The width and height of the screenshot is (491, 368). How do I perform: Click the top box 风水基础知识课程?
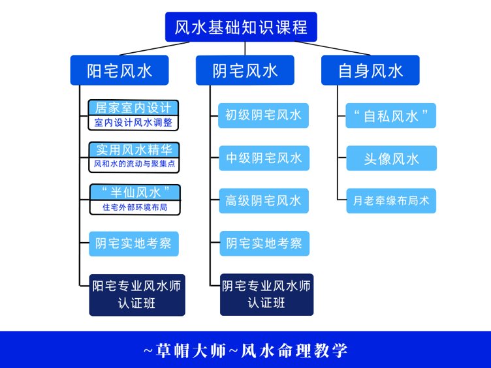(241, 27)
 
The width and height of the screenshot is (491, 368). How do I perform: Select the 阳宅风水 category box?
(119, 70)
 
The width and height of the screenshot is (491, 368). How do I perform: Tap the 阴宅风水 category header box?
(245, 70)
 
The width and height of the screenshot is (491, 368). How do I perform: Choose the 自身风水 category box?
(370, 70)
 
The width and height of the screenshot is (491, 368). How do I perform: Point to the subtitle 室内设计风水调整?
(133, 123)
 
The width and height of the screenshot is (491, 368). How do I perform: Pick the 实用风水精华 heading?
(134, 149)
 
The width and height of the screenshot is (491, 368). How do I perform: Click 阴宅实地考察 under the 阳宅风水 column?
(134, 244)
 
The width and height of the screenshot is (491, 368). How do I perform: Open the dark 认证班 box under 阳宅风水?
(137, 294)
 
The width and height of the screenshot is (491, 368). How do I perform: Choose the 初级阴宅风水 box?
(263, 115)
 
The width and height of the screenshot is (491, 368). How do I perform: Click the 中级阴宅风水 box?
(264, 158)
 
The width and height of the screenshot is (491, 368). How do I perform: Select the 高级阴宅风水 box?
(264, 201)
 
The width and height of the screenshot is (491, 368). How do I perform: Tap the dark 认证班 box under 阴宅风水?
(266, 294)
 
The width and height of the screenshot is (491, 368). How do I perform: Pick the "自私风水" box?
(390, 116)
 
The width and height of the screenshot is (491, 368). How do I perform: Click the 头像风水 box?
(391, 159)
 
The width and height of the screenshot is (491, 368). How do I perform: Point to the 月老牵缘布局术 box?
(391, 201)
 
